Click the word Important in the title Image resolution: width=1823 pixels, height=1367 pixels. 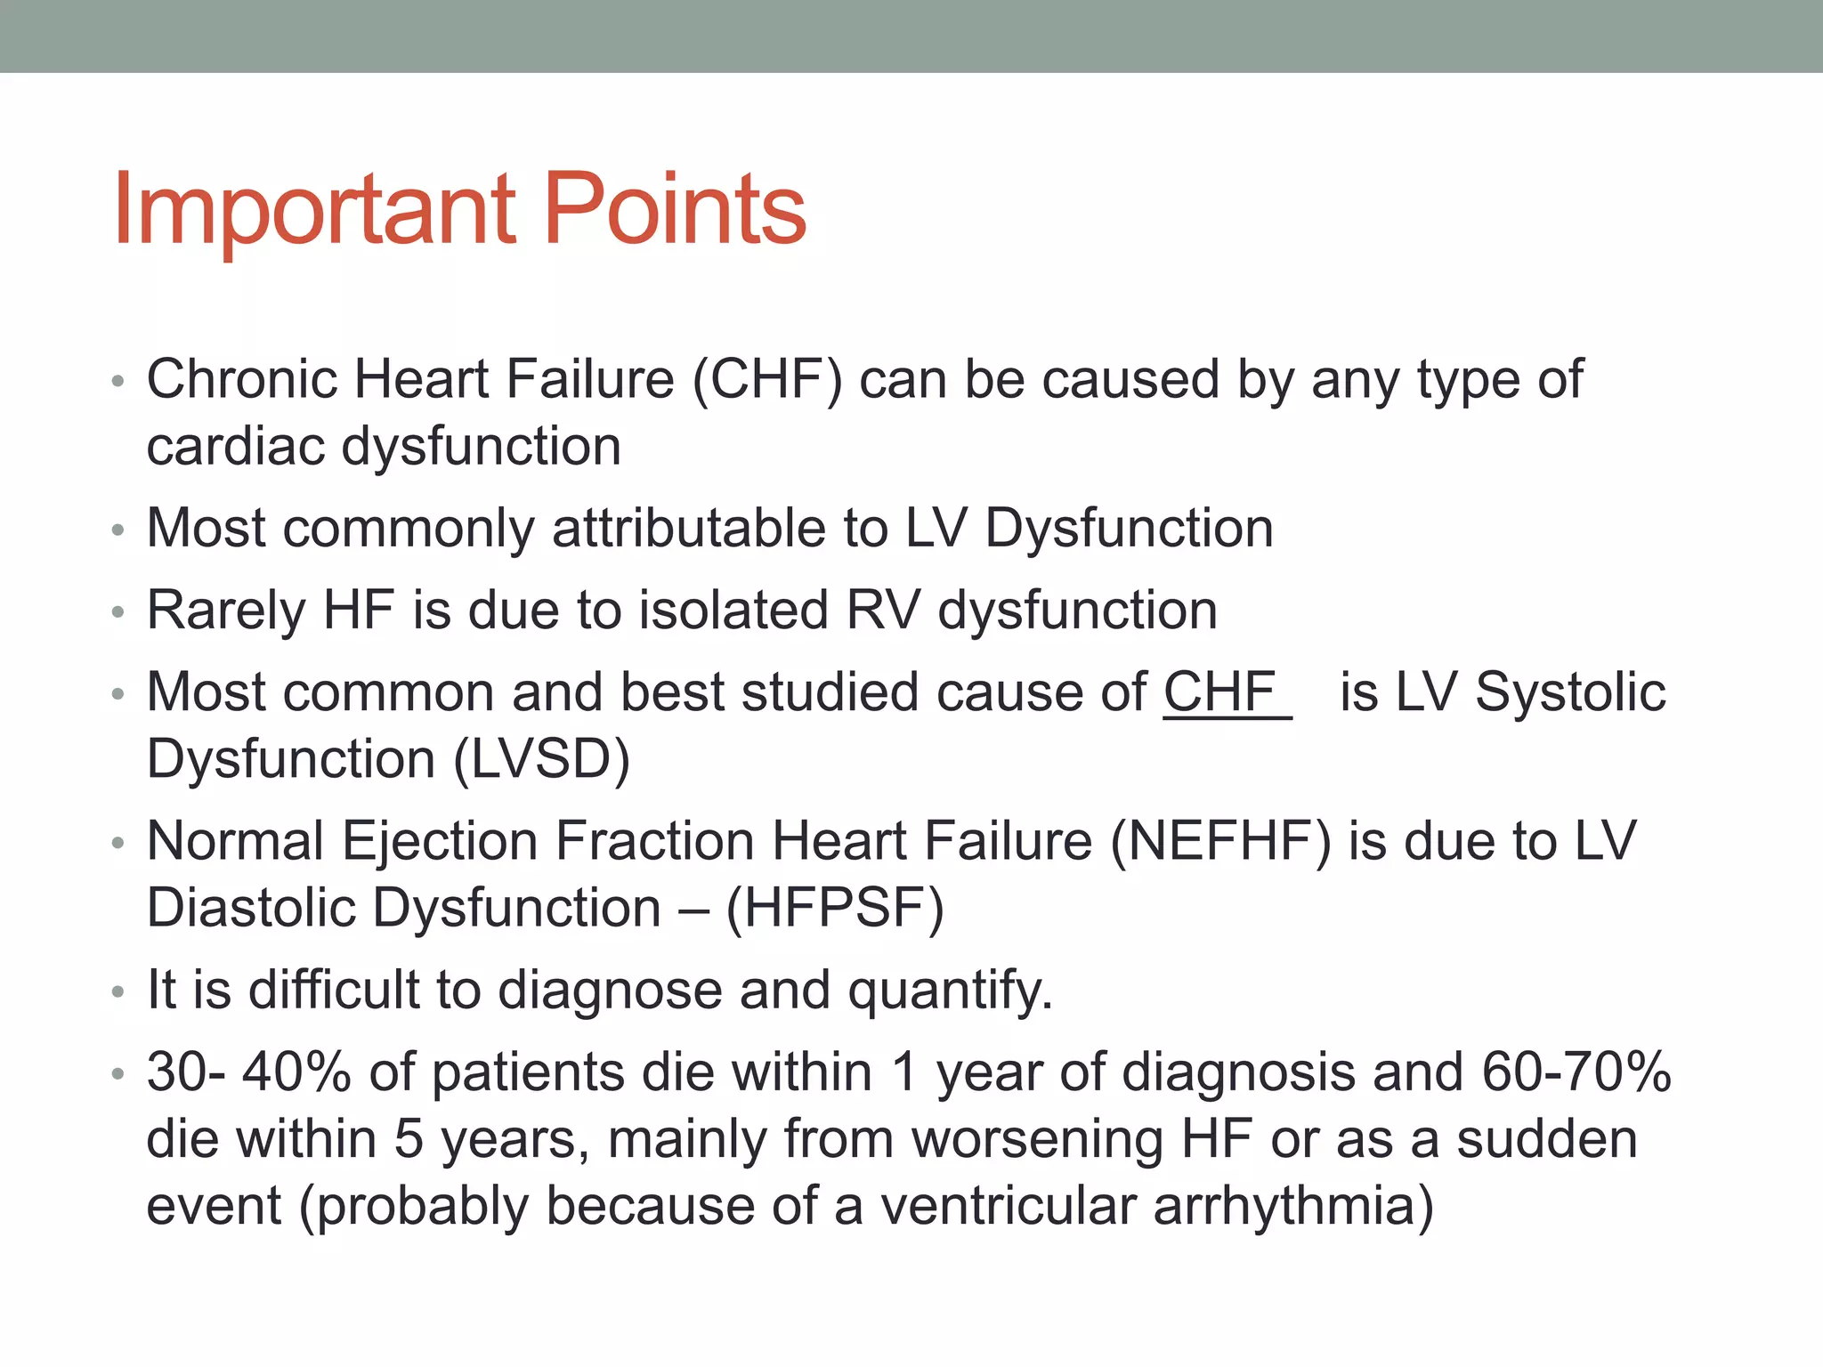click(314, 209)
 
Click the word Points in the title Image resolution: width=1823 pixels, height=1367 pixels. click(674, 209)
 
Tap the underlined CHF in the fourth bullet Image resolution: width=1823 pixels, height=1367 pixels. click(1220, 692)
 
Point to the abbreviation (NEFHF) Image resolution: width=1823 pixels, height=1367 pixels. click(1221, 841)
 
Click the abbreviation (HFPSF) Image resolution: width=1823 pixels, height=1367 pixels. click(835, 909)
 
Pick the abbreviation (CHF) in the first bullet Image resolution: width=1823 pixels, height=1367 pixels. click(766, 380)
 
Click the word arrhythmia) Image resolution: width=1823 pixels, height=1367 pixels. click(1293, 1207)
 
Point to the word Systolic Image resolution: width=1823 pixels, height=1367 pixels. click(1570, 692)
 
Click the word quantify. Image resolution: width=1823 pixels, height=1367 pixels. click(950, 991)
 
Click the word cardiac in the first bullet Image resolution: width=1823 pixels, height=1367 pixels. click(236, 447)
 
